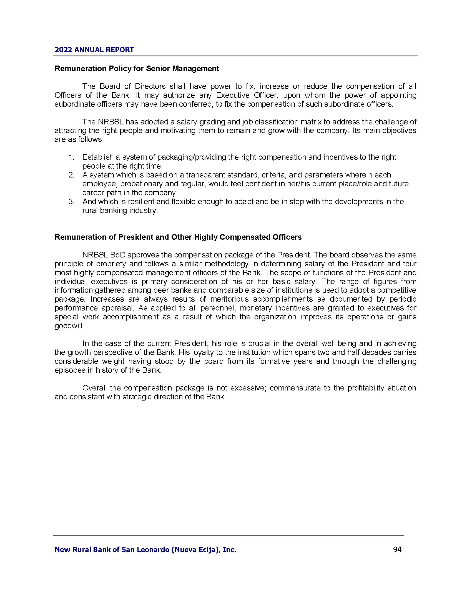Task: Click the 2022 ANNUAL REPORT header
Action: click(94, 50)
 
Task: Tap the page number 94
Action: click(397, 550)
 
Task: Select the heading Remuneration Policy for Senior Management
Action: click(137, 69)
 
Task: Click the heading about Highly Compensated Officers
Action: click(178, 237)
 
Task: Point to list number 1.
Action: click(71, 157)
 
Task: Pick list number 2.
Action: click(71, 175)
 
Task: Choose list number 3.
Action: click(71, 202)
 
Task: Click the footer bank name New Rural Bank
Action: click(145, 550)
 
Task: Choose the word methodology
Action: click(222, 264)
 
